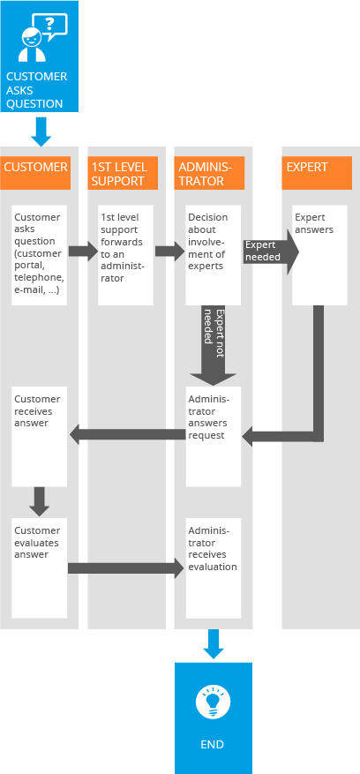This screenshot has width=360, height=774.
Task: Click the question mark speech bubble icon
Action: coord(50,26)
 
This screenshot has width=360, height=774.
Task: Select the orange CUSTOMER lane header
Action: coord(35,173)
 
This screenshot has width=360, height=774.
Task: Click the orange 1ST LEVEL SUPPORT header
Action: coord(123,173)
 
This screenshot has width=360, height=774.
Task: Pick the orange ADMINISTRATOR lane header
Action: coord(209,173)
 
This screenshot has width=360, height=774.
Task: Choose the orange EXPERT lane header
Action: coord(317,173)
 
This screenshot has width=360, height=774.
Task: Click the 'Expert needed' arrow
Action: coord(271,252)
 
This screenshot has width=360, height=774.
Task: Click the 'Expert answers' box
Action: coord(319,255)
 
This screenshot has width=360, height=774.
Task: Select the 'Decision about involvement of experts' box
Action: coord(214,255)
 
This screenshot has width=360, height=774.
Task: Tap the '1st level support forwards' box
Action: coord(125,255)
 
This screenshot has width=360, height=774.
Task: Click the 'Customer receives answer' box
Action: coord(39,436)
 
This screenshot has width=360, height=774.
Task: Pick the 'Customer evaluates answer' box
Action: coord(39,567)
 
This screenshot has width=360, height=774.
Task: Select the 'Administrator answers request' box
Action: coord(214,436)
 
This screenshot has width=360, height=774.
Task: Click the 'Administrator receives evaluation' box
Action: coord(214,567)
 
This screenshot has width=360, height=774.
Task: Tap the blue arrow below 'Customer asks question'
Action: coord(41,132)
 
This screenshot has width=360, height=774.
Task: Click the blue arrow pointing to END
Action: coord(214,643)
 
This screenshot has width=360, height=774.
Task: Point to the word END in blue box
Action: coord(213,744)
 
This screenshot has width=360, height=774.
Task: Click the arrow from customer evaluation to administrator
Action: coord(126,568)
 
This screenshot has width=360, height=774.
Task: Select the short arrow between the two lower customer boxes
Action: coord(40,502)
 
